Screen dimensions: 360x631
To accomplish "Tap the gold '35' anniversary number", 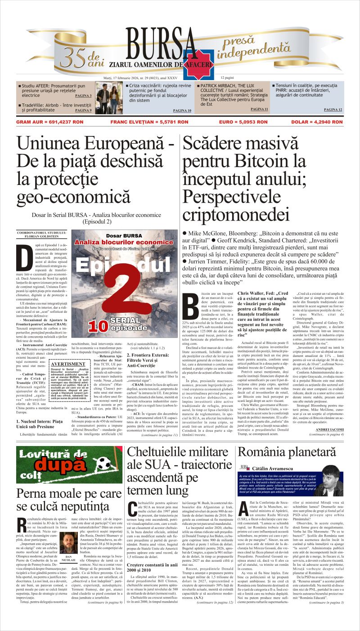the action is tap(74, 56).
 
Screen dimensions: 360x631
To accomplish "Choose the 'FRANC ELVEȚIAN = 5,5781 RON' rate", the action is tap(143, 122).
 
